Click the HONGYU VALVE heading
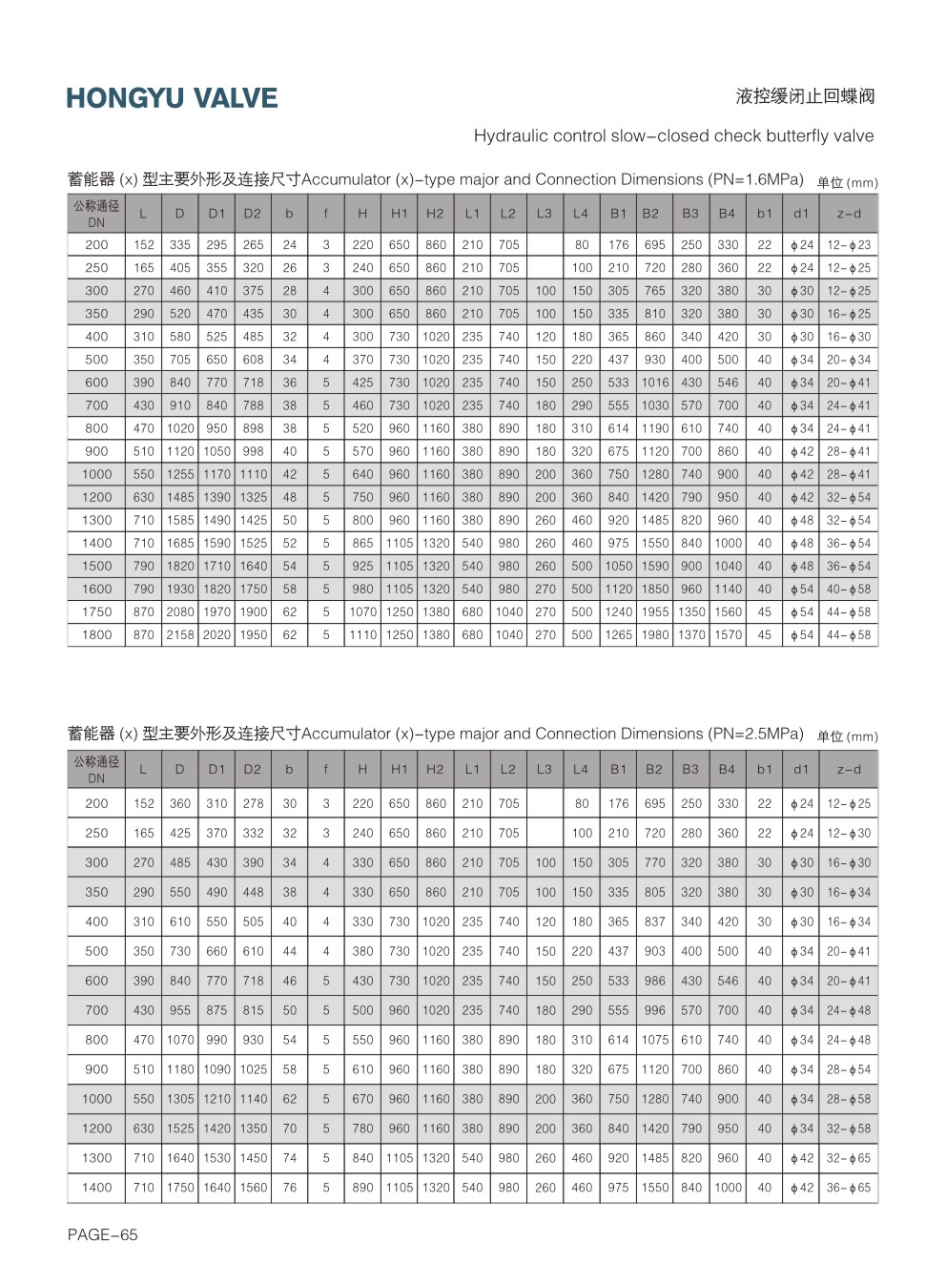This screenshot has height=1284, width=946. point(172,98)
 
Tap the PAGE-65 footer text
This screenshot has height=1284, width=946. point(102,1234)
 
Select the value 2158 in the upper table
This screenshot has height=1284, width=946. point(180,634)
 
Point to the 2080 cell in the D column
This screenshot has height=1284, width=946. point(180,611)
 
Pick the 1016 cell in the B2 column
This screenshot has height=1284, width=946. point(655,383)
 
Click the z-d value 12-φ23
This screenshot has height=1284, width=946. point(849,245)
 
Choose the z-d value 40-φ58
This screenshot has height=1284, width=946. point(849,589)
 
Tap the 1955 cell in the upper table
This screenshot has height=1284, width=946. point(655,611)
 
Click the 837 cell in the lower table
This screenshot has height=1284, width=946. point(655,922)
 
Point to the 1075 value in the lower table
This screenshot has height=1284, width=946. point(655,1040)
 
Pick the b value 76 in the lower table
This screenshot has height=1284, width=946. point(290,1188)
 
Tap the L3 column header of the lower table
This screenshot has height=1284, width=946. point(545,769)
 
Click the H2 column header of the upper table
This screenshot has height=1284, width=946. point(436,214)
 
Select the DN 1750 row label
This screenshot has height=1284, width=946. point(96,611)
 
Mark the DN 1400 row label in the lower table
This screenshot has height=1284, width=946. point(96,1188)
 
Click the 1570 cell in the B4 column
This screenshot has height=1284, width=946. point(728,634)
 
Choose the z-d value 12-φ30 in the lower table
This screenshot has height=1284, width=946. point(849,833)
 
